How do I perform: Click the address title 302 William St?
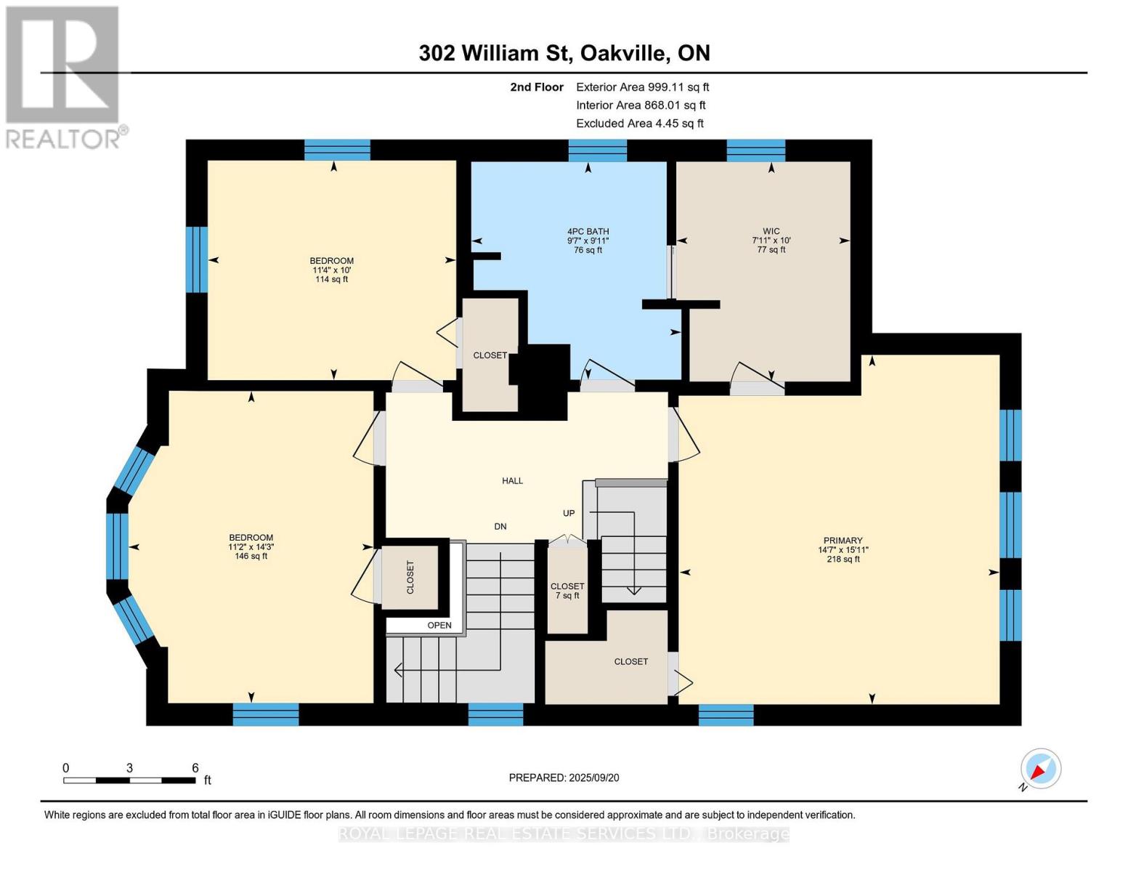click(564, 53)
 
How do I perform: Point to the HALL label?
click(512, 480)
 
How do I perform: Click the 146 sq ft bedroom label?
click(251, 546)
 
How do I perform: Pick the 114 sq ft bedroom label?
click(331, 270)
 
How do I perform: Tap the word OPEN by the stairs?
click(439, 625)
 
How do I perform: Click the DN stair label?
click(500, 526)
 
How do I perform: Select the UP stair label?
click(569, 513)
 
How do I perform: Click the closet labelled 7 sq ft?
click(567, 591)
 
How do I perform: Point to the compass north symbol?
click(1040, 769)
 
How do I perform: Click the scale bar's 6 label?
click(195, 767)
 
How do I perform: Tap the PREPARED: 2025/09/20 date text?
click(564, 778)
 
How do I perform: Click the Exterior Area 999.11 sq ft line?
click(642, 87)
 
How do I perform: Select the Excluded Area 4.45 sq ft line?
click(639, 124)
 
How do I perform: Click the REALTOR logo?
click(64, 76)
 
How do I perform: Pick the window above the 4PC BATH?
click(597, 150)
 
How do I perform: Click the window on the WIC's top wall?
click(755, 150)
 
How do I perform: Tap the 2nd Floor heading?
click(537, 87)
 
